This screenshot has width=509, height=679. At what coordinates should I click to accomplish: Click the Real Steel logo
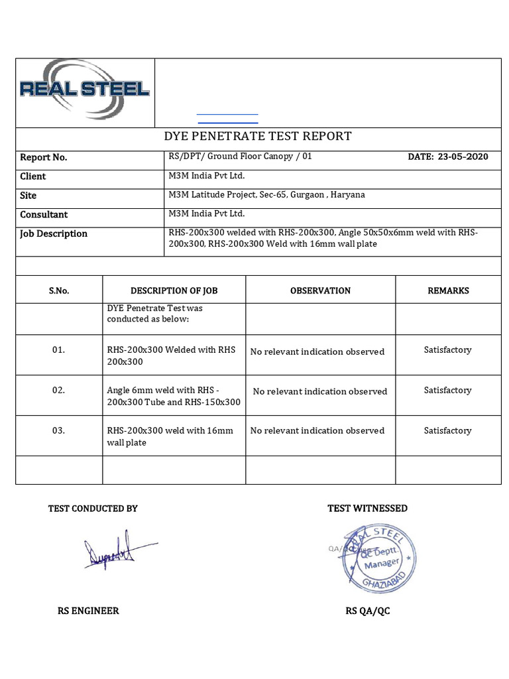[x=85, y=89]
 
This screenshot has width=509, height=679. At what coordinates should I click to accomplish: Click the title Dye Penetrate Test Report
[x=257, y=137]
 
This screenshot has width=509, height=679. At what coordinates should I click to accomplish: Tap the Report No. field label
[x=44, y=158]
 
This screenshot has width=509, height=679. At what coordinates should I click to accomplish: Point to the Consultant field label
[x=44, y=215]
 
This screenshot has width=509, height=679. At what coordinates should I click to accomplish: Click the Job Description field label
[x=54, y=234]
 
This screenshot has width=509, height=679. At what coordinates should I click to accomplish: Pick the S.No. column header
[x=58, y=291]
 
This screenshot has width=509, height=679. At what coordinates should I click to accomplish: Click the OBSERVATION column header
[x=320, y=291]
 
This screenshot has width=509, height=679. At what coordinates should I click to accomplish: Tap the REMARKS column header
[x=448, y=291]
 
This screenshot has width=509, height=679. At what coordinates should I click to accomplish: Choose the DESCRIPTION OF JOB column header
[x=174, y=291]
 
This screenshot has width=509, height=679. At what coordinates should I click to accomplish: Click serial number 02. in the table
[x=58, y=391]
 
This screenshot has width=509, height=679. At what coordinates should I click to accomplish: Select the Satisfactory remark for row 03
[x=447, y=431]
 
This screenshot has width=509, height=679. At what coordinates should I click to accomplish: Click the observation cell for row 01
[x=317, y=352]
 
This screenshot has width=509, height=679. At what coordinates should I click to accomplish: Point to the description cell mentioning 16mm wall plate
[x=170, y=436]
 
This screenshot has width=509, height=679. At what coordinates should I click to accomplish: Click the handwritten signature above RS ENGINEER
[x=113, y=549]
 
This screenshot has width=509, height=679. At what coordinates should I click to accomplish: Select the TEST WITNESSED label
[x=367, y=509]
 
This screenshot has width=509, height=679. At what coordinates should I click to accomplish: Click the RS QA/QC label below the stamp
[x=367, y=611]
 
